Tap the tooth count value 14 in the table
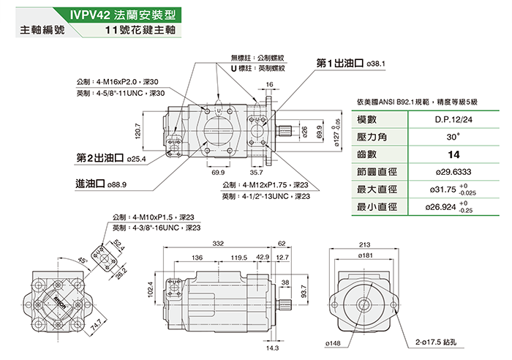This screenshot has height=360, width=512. pyautogui.click(x=453, y=154)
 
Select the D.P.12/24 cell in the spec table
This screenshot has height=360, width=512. pyautogui.click(x=453, y=119)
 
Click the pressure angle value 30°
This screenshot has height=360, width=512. pyautogui.click(x=453, y=137)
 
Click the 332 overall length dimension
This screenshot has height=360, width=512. pyautogui.click(x=218, y=243)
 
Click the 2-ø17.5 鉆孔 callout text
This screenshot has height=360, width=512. pyautogui.click(x=435, y=342)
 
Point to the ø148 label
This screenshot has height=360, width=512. pyautogui.click(x=334, y=342)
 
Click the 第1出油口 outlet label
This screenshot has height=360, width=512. pyautogui.click(x=340, y=64)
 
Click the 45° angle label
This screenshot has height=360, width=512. pyautogui.click(x=64, y=261)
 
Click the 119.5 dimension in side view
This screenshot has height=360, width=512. pyautogui.click(x=238, y=258)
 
